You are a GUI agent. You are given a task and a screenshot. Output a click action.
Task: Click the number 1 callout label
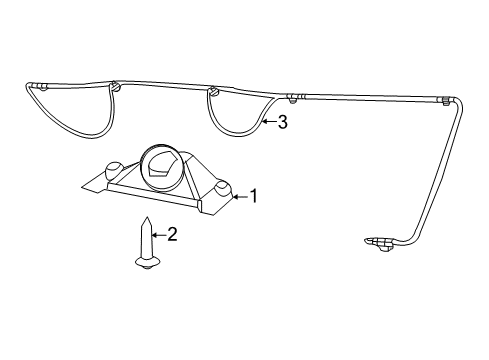[x=254, y=196]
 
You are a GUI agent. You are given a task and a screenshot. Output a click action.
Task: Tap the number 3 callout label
[x=282, y=123]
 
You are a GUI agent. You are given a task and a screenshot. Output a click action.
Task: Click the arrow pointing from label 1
[x=239, y=197]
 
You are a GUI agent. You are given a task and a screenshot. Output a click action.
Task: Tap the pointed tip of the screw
[x=146, y=219]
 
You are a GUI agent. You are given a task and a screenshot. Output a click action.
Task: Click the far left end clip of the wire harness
[x=41, y=88]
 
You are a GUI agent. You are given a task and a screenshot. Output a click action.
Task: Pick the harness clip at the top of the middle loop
[x=214, y=93]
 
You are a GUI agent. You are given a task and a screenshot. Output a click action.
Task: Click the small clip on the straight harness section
[x=291, y=98]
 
